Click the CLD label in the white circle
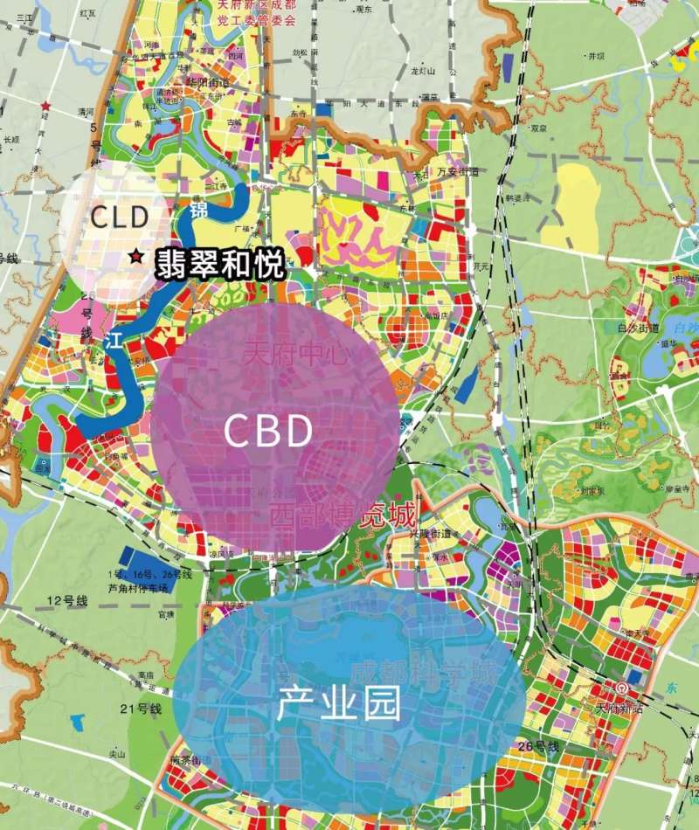click(121, 218)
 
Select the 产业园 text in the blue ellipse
click(339, 703)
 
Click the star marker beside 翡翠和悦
click(136, 257)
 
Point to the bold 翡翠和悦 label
click(221, 266)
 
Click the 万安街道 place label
click(458, 172)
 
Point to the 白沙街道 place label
click(634, 329)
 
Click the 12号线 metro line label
click(69, 600)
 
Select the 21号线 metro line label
click(142, 709)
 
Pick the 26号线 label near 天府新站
click(536, 745)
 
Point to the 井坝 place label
click(597, 56)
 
